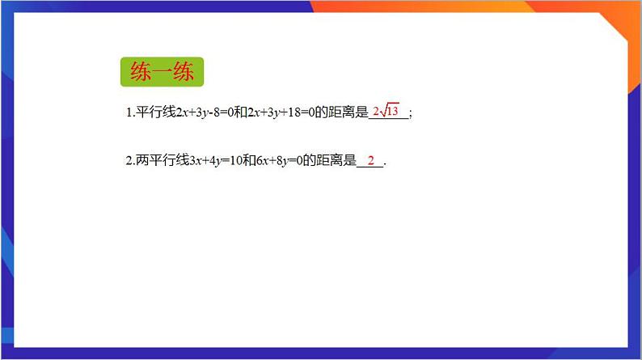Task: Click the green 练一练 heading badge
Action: (x=162, y=73)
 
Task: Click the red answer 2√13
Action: (x=386, y=111)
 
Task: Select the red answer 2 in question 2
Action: (x=371, y=160)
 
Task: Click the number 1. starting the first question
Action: (x=129, y=113)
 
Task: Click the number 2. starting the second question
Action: (x=129, y=161)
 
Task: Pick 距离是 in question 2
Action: (x=340, y=161)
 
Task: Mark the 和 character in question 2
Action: (x=247, y=161)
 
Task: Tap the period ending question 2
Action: (x=386, y=163)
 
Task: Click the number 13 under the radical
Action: (x=392, y=112)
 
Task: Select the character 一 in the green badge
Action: (x=162, y=73)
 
